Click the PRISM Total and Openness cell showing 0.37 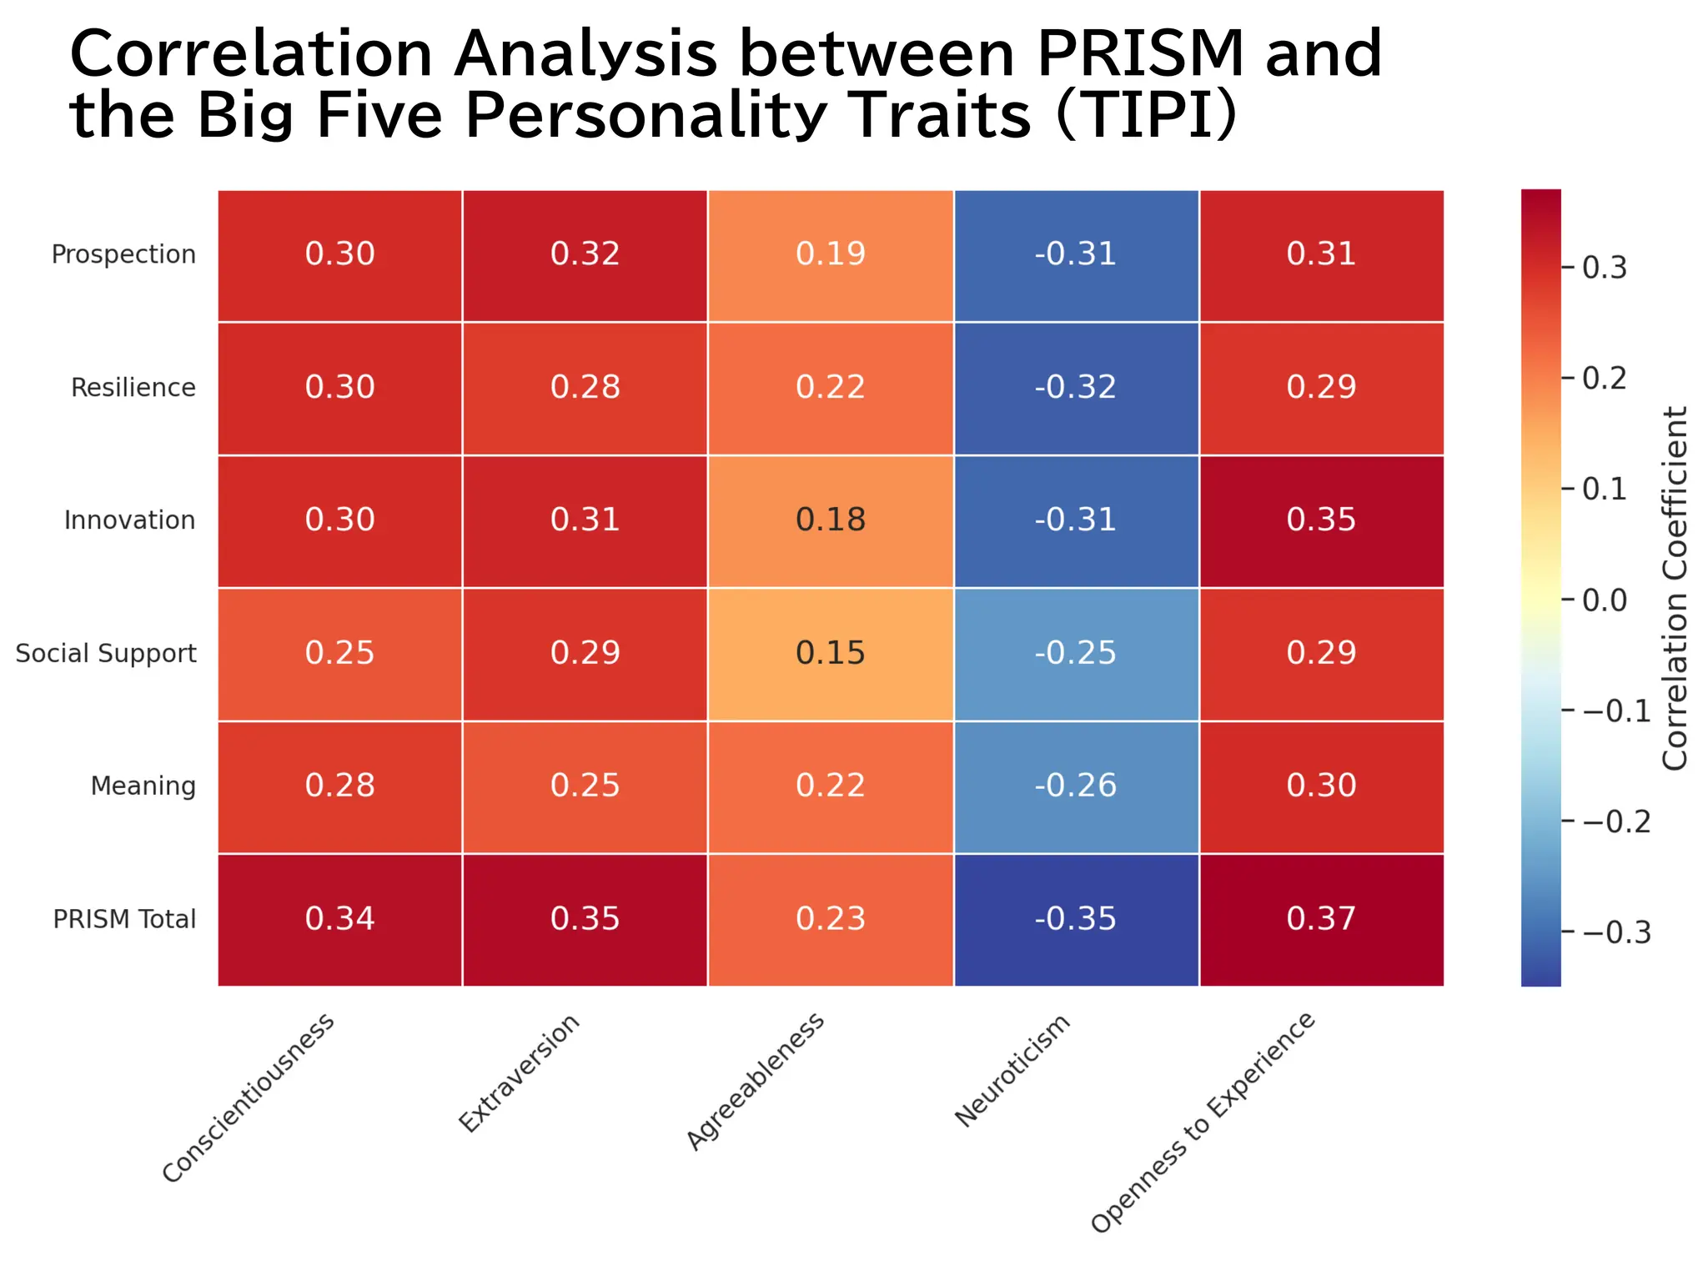click(1321, 919)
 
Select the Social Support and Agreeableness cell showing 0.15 click(831, 653)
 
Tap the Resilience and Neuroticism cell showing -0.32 click(1076, 387)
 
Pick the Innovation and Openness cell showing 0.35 click(1321, 520)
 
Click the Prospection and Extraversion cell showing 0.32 click(585, 254)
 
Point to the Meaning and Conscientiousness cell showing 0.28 click(339, 786)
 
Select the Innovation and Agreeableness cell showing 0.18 click(831, 520)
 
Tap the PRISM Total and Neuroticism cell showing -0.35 click(1076, 919)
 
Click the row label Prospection click(123, 254)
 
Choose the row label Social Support click(106, 653)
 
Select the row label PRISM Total click(124, 919)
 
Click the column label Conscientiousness click(249, 1098)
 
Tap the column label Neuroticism click(1012, 1072)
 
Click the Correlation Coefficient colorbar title click(1675, 588)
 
